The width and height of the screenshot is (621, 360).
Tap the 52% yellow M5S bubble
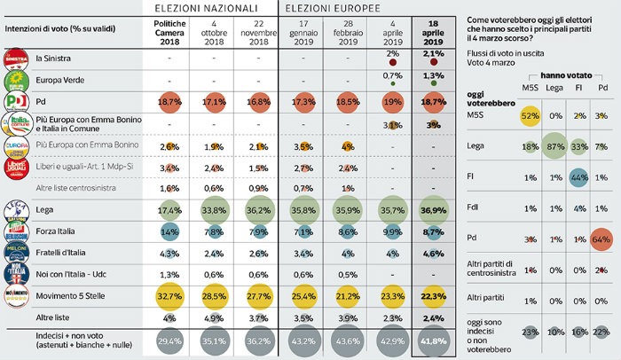528,115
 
